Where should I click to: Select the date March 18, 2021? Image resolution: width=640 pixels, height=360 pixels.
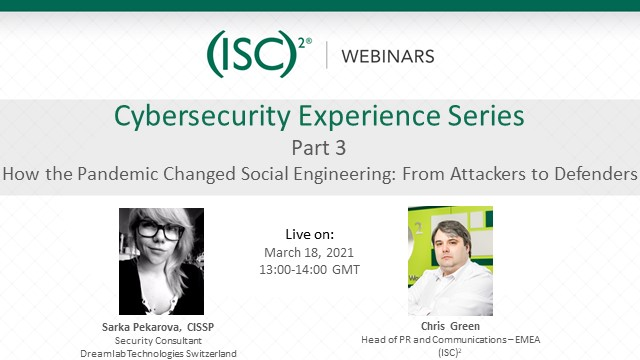(x=309, y=252)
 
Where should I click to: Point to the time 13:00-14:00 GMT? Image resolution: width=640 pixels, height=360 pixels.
(x=309, y=270)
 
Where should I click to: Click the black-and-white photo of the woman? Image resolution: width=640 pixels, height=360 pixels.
(x=161, y=260)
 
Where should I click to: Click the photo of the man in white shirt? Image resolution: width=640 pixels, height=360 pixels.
(x=450, y=260)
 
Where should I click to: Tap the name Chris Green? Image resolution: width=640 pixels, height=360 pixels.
(x=449, y=327)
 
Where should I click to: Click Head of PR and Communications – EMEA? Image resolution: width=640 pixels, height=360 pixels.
(x=449, y=340)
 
